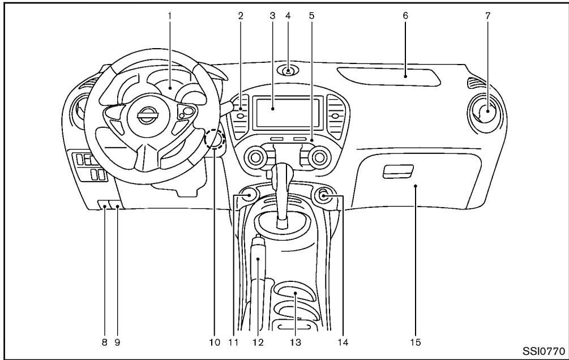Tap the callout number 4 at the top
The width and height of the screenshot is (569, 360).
point(288,15)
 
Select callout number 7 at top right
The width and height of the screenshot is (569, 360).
point(488,15)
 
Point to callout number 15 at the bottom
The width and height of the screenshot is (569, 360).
point(416,341)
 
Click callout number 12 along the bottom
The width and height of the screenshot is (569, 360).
point(259,341)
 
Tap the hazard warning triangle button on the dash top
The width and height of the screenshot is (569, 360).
point(289,72)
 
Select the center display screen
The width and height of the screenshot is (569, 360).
point(272,111)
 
